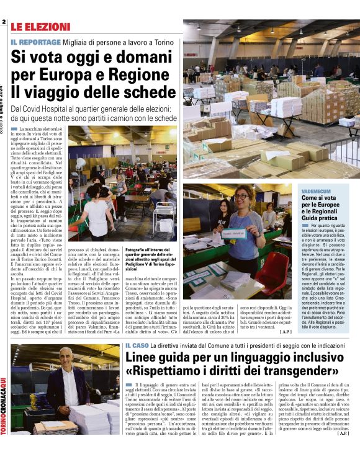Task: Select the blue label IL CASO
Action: coord(137,345)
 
